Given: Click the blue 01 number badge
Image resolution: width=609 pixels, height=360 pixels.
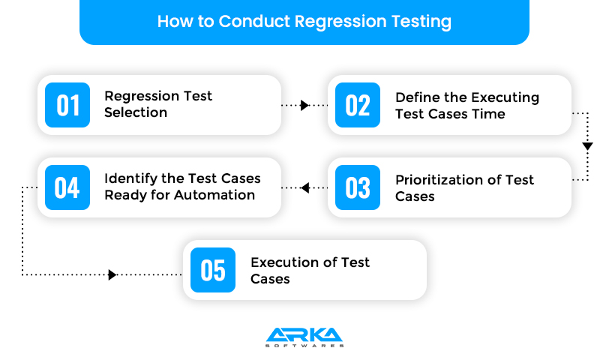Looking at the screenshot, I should click(67, 105).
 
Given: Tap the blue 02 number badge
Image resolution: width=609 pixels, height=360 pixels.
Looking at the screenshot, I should click(358, 105).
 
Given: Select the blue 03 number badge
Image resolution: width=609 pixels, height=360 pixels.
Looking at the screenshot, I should click(358, 187).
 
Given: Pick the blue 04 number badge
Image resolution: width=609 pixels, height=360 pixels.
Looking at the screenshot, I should click(67, 187).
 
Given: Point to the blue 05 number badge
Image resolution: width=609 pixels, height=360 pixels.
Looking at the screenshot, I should click(213, 270).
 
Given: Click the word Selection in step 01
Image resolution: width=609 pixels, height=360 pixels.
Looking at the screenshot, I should click(136, 112).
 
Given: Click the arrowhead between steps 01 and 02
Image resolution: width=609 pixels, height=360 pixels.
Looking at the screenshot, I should click(304, 106).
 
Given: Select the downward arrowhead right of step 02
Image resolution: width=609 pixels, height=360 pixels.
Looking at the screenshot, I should click(587, 145).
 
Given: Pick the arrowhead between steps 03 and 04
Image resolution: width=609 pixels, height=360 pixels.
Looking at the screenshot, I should click(305, 187).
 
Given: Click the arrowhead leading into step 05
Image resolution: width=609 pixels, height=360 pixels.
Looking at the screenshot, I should click(112, 274).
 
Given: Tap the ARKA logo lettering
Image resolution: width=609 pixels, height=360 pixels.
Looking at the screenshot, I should click(304, 334).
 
